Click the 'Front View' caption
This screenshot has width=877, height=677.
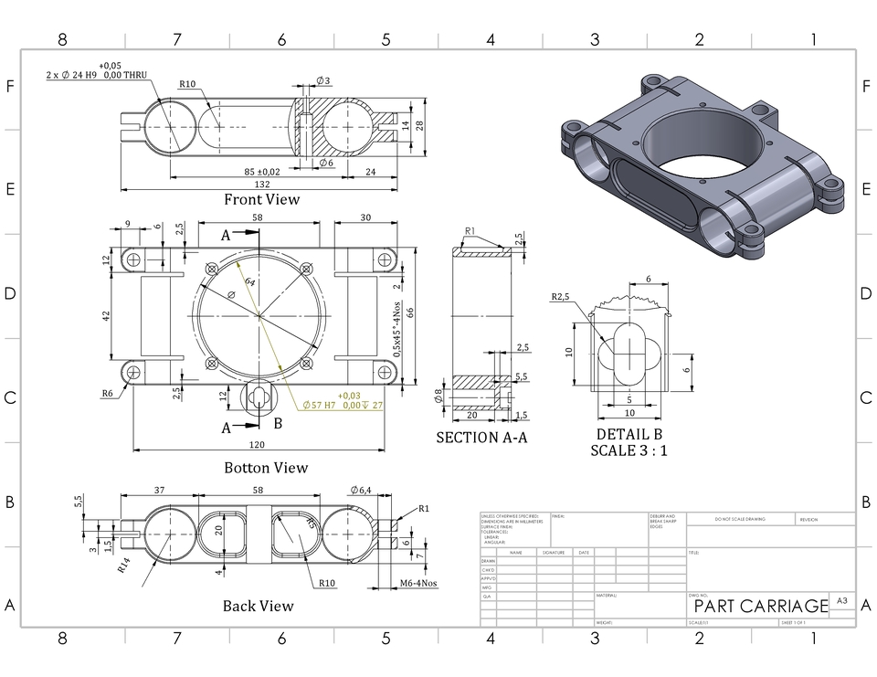point(261,199)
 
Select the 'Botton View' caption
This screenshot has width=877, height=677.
point(266,468)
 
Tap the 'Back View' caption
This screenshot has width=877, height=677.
point(259,606)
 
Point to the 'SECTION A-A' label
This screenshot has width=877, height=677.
point(482,438)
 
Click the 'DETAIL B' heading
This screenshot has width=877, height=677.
point(629,434)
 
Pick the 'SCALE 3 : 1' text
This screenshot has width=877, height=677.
point(629,450)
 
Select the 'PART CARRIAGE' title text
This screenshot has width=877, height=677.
point(761,607)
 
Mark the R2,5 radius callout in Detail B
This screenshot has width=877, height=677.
point(561,297)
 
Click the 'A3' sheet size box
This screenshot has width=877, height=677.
point(841,601)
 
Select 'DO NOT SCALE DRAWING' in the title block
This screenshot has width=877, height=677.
point(740,520)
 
